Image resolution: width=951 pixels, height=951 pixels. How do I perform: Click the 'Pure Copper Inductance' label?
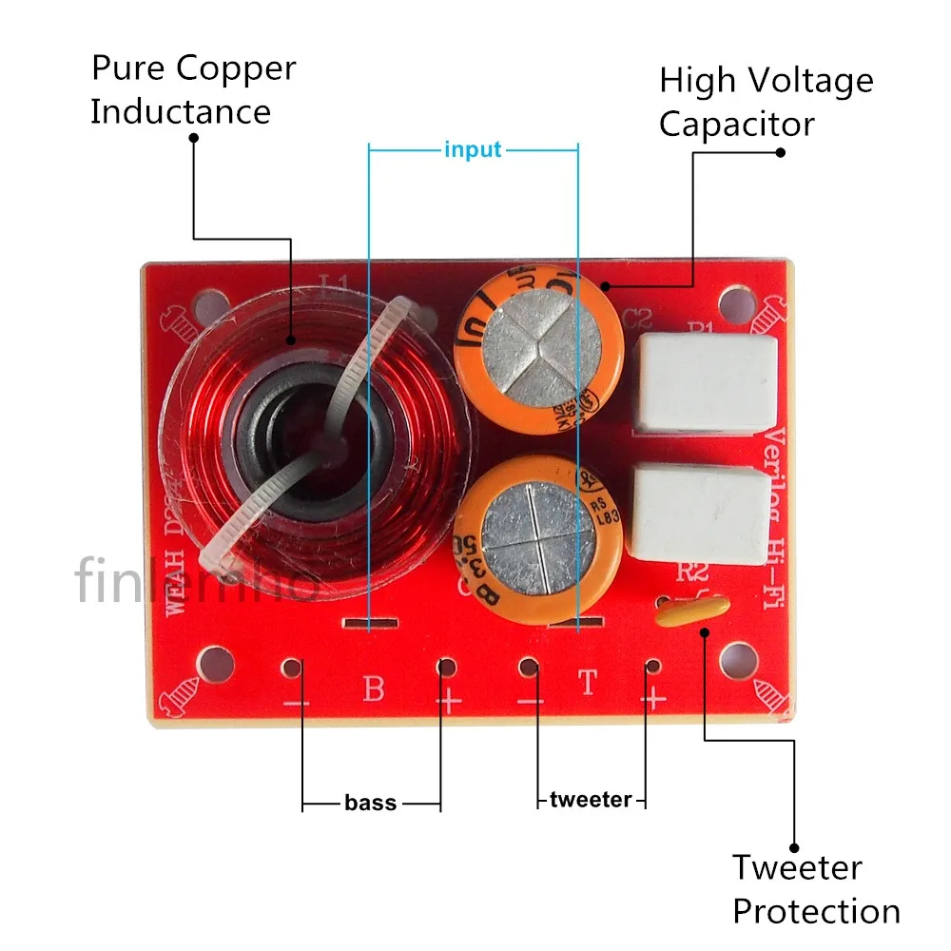click(193, 89)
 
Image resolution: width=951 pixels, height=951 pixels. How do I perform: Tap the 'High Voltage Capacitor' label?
click(766, 102)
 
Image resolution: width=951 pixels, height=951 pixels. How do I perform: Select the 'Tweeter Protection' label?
click(815, 889)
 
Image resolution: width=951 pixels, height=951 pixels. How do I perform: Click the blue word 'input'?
click(473, 150)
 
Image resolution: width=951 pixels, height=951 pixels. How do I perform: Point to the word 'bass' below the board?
click(371, 804)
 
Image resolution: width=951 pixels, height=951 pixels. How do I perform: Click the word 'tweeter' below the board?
click(590, 800)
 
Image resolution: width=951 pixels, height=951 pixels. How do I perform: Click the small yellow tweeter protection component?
click(691, 611)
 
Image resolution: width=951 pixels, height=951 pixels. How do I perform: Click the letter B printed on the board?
click(374, 688)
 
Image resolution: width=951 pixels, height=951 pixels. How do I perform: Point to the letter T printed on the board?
click(589, 683)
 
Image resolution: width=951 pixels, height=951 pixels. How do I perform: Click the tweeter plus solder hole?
click(651, 668)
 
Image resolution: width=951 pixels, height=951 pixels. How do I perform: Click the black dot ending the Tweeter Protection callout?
click(794, 848)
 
